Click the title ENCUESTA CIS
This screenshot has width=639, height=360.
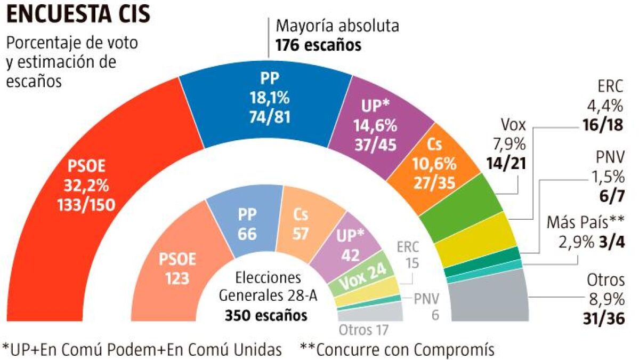click(x=78, y=14)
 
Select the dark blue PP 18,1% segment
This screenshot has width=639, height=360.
click(x=266, y=101)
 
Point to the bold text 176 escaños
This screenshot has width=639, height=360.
click(x=318, y=45)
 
